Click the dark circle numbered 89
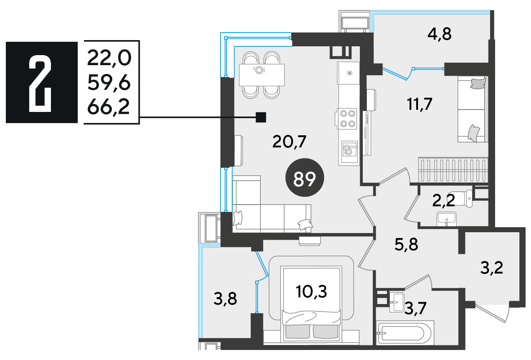305,177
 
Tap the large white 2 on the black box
40,84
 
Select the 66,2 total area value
109,107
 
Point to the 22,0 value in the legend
109,58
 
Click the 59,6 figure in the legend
109,83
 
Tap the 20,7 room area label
289,142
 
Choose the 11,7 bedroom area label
420,104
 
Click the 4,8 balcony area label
440,34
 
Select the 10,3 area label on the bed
311,292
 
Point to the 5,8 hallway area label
406,244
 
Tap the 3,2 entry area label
492,268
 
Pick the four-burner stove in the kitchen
347,119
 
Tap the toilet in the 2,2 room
461,198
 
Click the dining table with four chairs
262,75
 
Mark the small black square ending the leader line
261,117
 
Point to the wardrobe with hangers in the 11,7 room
453,170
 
